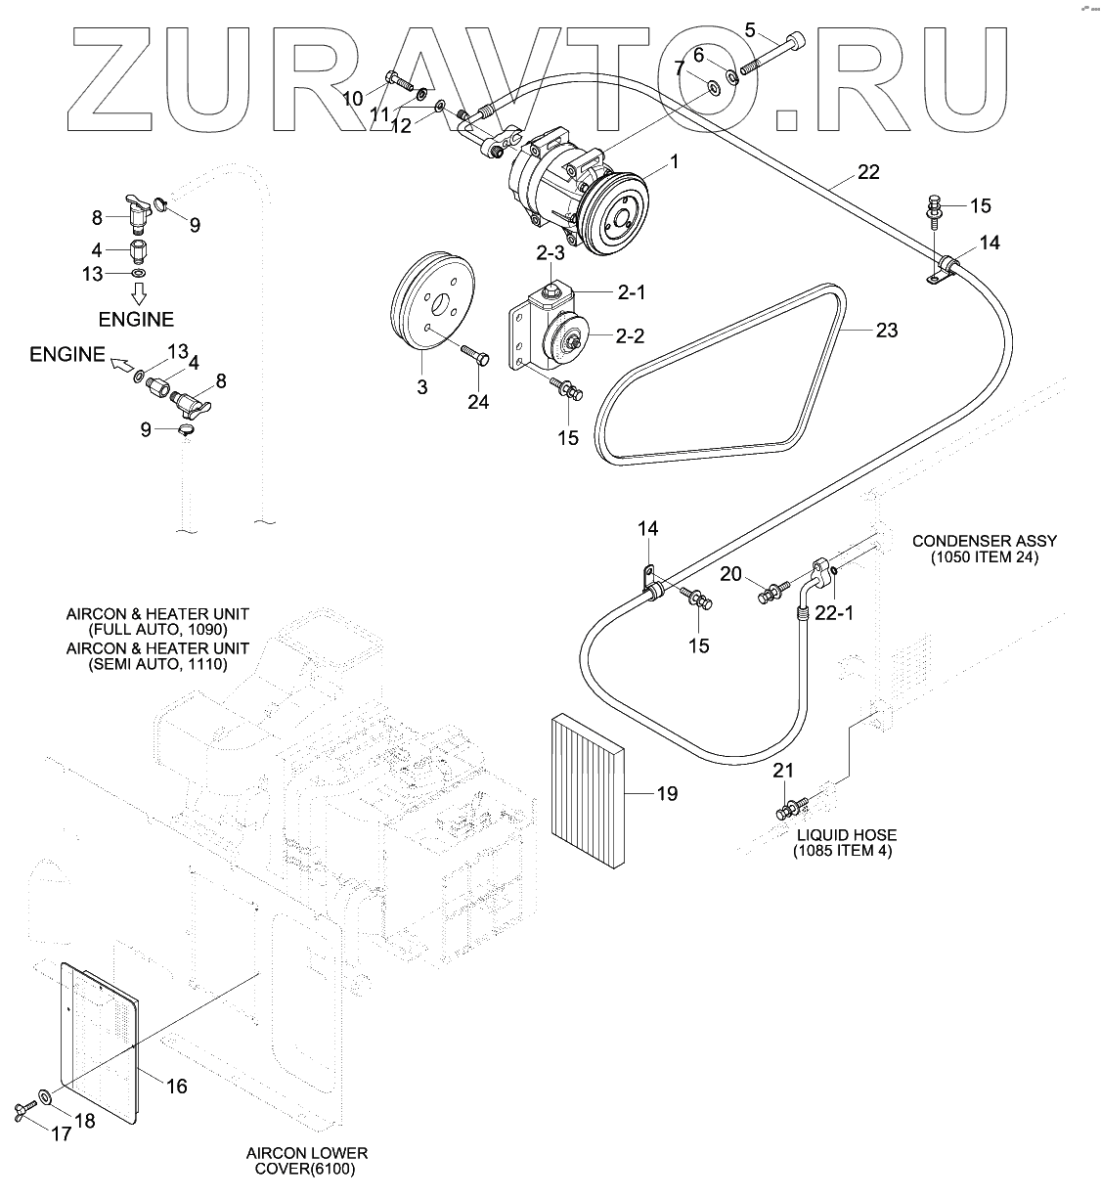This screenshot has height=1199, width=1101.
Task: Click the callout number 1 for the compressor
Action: click(x=675, y=161)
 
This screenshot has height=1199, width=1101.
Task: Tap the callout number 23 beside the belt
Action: click(x=886, y=331)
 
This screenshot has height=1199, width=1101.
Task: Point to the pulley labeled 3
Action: click(x=428, y=297)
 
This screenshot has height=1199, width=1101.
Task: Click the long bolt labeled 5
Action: click(x=773, y=54)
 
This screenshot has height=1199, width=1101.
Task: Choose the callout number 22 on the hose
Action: click(x=868, y=173)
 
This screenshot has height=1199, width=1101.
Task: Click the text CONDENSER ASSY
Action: click(x=985, y=541)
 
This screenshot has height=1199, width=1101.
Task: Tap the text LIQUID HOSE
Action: click(x=846, y=835)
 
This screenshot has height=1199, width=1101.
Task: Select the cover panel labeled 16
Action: click(x=98, y=1037)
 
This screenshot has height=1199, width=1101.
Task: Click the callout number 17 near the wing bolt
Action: click(x=62, y=1133)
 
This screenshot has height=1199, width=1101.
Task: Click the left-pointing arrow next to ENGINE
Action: click(x=118, y=367)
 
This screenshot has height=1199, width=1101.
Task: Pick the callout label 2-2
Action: click(x=630, y=335)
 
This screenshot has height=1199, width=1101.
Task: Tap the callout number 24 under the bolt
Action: click(x=477, y=401)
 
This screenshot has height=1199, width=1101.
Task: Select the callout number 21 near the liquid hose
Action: click(x=783, y=771)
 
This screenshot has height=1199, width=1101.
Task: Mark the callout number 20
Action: click(x=731, y=573)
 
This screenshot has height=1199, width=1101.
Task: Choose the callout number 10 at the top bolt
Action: click(x=353, y=98)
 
